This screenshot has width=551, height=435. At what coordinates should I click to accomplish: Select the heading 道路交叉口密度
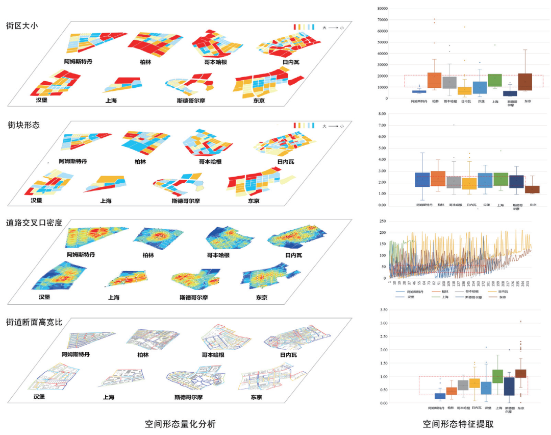(34, 223)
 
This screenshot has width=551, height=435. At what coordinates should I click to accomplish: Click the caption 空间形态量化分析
(180, 424)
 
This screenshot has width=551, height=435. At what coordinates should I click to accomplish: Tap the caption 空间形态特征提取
(458, 424)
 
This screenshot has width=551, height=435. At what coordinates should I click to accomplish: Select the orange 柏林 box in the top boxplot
(435, 80)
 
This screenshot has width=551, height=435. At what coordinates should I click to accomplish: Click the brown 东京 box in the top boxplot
(525, 82)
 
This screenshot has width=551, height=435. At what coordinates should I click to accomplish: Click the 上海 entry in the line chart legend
(444, 297)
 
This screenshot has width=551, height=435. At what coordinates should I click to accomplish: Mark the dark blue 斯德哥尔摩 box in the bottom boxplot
(509, 386)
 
